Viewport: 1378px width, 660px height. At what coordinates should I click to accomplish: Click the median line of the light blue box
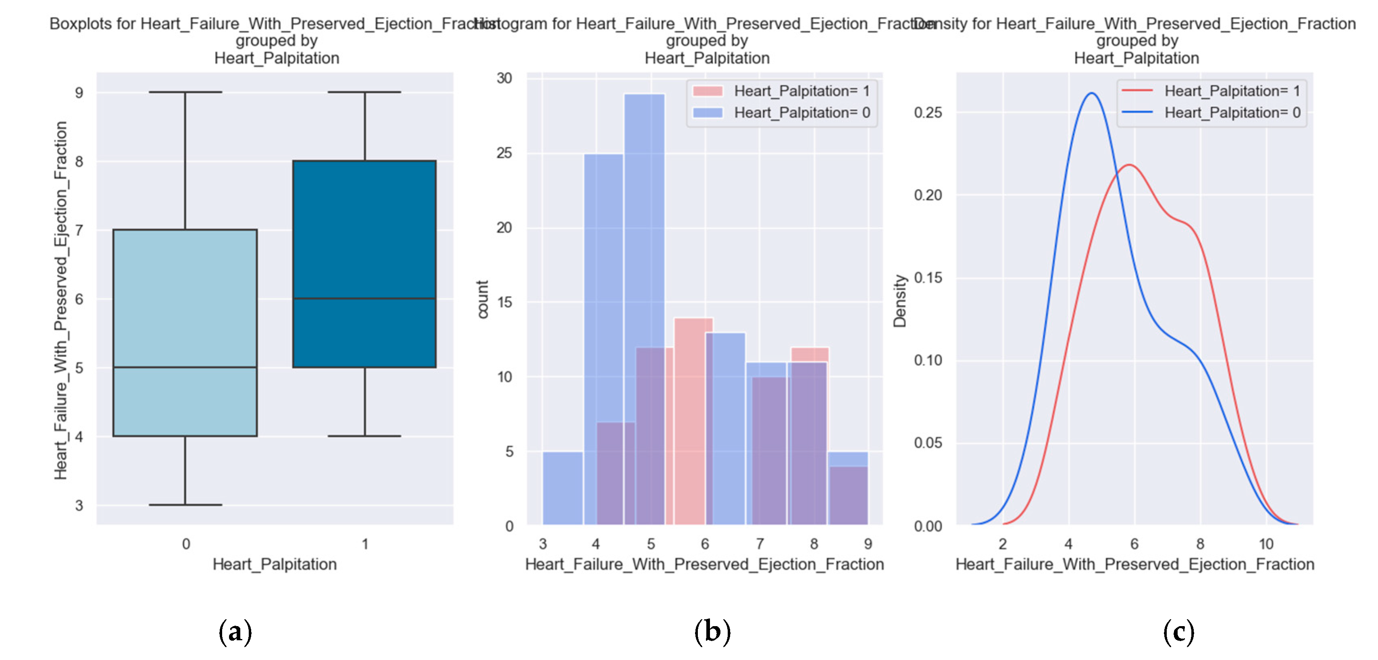pos(185,367)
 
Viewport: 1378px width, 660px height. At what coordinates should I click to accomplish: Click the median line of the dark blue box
pos(364,298)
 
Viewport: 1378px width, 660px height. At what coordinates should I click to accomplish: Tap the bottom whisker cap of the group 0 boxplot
pos(185,504)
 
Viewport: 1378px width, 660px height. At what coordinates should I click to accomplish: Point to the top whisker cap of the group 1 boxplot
pos(364,92)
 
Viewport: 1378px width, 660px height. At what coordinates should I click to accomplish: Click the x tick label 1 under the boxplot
pos(365,544)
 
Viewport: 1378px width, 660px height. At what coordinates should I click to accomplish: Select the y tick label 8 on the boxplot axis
pos(79,162)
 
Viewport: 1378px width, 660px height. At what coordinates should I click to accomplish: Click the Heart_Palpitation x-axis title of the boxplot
pos(275,564)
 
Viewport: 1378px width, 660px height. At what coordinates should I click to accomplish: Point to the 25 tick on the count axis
pos(504,154)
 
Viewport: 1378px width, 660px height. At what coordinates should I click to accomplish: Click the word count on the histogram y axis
pos(483,300)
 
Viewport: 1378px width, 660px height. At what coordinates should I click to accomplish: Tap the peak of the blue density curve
pos(1091,94)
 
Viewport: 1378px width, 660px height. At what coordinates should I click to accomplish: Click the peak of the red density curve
pos(1129,165)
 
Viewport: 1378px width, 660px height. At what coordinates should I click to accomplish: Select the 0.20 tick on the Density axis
pos(928,195)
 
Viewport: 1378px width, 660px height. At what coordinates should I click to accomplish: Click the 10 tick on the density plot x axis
pos(1266,544)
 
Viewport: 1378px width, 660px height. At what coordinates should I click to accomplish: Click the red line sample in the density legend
pos(1137,91)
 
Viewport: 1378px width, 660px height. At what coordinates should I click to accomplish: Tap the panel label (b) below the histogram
pos(712,632)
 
